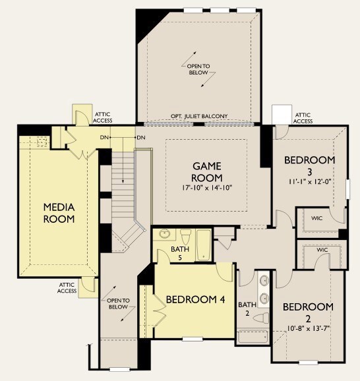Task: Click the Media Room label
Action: click(59, 213)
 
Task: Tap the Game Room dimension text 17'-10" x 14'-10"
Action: click(207, 188)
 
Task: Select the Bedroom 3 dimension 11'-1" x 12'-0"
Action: click(310, 182)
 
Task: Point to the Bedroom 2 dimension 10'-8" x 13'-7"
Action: click(308, 328)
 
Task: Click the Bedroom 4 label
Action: click(195, 300)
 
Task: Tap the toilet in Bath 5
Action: click(186, 236)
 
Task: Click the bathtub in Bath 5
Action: click(204, 245)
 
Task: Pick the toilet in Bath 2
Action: click(261, 318)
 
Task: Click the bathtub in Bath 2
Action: click(253, 337)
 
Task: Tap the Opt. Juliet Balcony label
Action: click(199, 117)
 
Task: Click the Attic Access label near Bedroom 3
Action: click(303, 118)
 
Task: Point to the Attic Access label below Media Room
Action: click(67, 288)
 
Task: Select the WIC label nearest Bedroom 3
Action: click(316, 218)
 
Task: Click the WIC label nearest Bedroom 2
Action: click(322, 250)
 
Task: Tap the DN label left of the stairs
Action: click(104, 138)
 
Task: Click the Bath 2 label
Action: click(247, 309)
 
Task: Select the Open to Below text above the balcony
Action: click(198, 69)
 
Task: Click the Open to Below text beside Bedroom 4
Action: click(118, 304)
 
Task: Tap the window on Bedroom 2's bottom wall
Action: click(308, 363)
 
